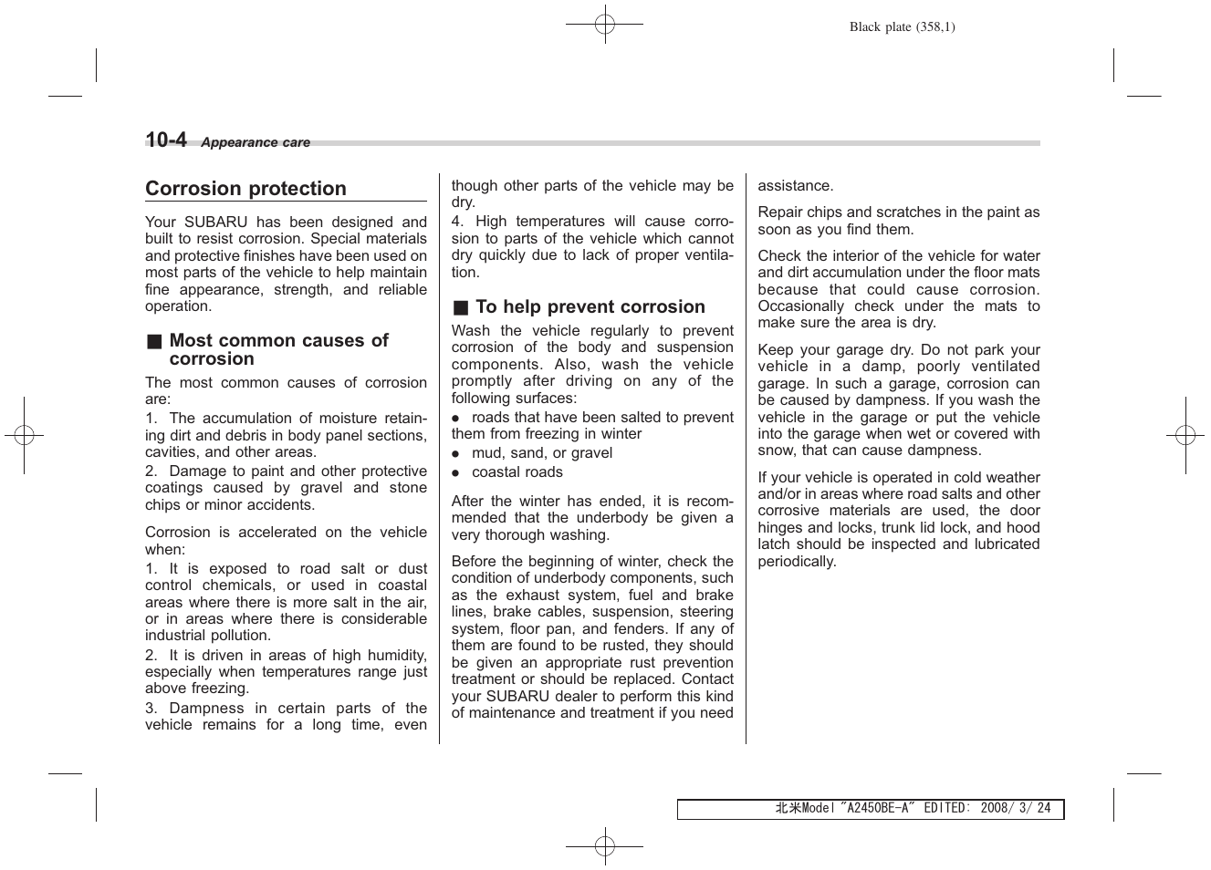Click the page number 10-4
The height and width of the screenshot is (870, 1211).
166,140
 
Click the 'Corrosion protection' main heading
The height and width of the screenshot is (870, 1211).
245,189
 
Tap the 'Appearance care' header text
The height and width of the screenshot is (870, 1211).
256,142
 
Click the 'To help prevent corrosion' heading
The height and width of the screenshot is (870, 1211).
590,307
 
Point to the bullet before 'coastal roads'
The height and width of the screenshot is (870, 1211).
455,473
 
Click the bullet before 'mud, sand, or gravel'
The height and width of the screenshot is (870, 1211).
455,454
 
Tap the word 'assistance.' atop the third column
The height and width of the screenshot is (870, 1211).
795,186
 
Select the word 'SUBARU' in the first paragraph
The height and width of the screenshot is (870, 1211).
214,223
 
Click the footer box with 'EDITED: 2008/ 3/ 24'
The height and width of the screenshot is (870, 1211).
870,809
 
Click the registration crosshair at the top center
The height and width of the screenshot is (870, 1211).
604,25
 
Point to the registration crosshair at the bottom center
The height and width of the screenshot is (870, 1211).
604,846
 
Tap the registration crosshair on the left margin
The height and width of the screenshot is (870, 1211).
25,435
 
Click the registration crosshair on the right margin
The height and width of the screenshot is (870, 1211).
1185,435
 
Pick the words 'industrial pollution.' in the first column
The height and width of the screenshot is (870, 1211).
208,636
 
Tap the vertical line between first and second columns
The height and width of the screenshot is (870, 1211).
439,456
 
